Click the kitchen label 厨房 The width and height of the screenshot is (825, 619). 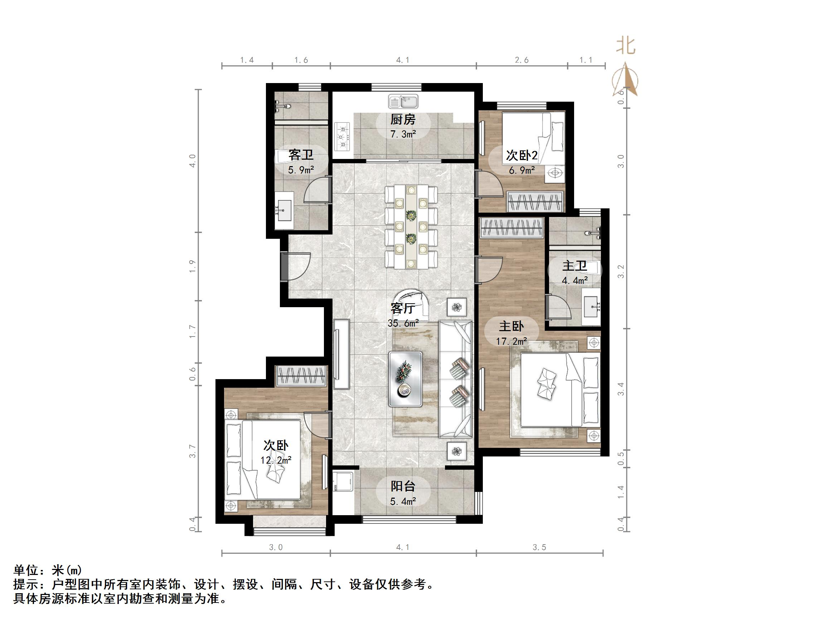click(x=403, y=120)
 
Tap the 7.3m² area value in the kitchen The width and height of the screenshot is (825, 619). click(x=403, y=134)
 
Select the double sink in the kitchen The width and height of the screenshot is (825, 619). click(x=403, y=101)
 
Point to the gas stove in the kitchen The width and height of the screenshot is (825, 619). click(x=343, y=136)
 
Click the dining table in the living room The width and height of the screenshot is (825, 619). click(x=411, y=227)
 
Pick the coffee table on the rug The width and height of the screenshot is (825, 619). click(x=405, y=378)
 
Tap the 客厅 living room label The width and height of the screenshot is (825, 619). click(x=403, y=308)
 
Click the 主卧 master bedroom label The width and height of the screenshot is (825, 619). click(x=511, y=327)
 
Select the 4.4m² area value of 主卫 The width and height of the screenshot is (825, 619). click(x=575, y=280)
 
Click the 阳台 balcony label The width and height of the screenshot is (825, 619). click(x=403, y=486)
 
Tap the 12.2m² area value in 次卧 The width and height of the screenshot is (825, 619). click(x=276, y=460)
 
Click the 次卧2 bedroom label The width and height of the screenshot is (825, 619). click(x=521, y=156)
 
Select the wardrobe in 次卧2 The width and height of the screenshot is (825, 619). click(x=535, y=202)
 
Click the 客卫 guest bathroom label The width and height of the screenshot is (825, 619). click(x=301, y=154)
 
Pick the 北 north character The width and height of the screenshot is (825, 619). click(x=626, y=47)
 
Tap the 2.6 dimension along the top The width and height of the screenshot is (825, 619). click(x=521, y=60)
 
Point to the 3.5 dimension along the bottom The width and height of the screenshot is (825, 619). click(x=539, y=547)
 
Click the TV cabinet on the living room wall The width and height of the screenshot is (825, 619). click(x=341, y=354)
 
